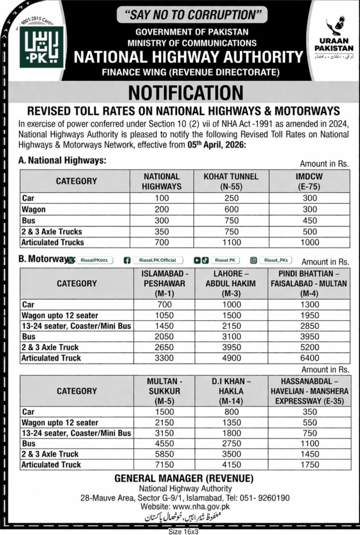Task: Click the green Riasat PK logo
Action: (x=42, y=47)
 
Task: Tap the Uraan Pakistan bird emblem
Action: (x=334, y=27)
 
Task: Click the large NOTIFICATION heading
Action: (x=185, y=92)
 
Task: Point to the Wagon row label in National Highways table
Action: (x=34, y=210)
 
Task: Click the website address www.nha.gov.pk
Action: (x=201, y=506)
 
